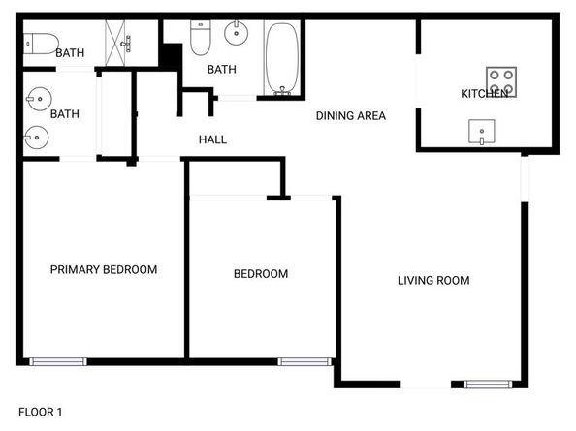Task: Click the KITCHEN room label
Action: pos(484,94)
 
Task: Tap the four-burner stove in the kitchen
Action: pos(501,81)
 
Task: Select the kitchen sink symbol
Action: pos(481,131)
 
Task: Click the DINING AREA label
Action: pos(351,116)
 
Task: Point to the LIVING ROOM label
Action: pos(433,281)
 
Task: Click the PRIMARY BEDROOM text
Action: pos(104,269)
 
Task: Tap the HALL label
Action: pos(212,139)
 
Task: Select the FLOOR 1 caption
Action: pos(40,412)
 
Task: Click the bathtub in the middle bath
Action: pos(282,59)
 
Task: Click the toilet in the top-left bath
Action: pos(39,42)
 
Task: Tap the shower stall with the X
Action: pos(125,43)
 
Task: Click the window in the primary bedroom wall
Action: pos(57,362)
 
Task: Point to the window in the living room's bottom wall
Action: pos(488,385)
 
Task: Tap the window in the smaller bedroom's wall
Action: pos(300,362)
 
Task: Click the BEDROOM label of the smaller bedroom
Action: pos(261,274)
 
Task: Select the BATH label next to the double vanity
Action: pos(65,114)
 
